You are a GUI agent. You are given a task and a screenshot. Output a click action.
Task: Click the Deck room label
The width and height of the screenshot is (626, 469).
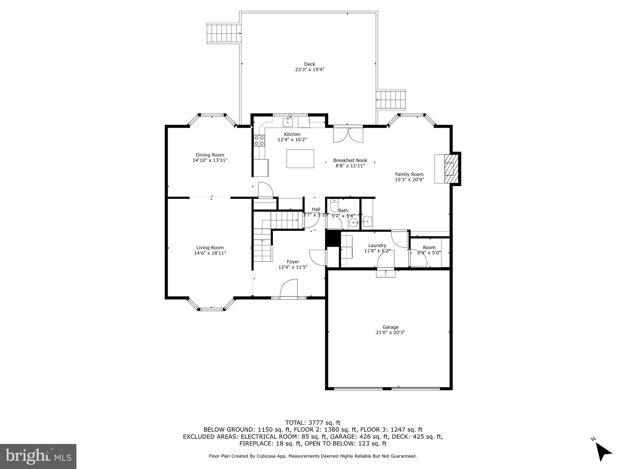[309, 64]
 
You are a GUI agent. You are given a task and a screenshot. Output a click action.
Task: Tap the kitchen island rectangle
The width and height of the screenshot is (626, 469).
[300, 158]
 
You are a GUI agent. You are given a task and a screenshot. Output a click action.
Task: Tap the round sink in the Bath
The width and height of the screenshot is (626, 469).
[354, 223]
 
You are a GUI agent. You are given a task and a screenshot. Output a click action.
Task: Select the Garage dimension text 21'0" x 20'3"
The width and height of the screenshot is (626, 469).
[390, 333]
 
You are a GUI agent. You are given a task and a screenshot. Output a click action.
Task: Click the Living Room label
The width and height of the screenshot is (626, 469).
[210, 248]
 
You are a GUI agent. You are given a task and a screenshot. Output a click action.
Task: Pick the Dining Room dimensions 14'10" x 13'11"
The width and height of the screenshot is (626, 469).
[210, 160]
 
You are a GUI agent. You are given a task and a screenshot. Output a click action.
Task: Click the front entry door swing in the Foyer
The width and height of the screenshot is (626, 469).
[289, 288]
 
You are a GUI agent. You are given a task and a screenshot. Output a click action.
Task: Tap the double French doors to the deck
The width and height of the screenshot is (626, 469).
[348, 135]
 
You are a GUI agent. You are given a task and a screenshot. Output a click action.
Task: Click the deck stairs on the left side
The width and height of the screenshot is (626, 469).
[224, 33]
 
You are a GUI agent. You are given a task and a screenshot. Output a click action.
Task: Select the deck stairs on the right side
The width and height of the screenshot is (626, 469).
[392, 100]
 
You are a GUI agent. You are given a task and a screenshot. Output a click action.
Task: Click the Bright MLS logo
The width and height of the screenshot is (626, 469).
[38, 456]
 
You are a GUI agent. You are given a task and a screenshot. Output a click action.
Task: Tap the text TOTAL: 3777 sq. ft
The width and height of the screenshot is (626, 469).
[313, 423]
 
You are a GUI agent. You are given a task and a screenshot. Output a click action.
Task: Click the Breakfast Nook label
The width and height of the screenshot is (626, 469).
[350, 160]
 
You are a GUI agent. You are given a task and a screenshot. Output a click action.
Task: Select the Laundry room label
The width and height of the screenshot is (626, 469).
[377, 245]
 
